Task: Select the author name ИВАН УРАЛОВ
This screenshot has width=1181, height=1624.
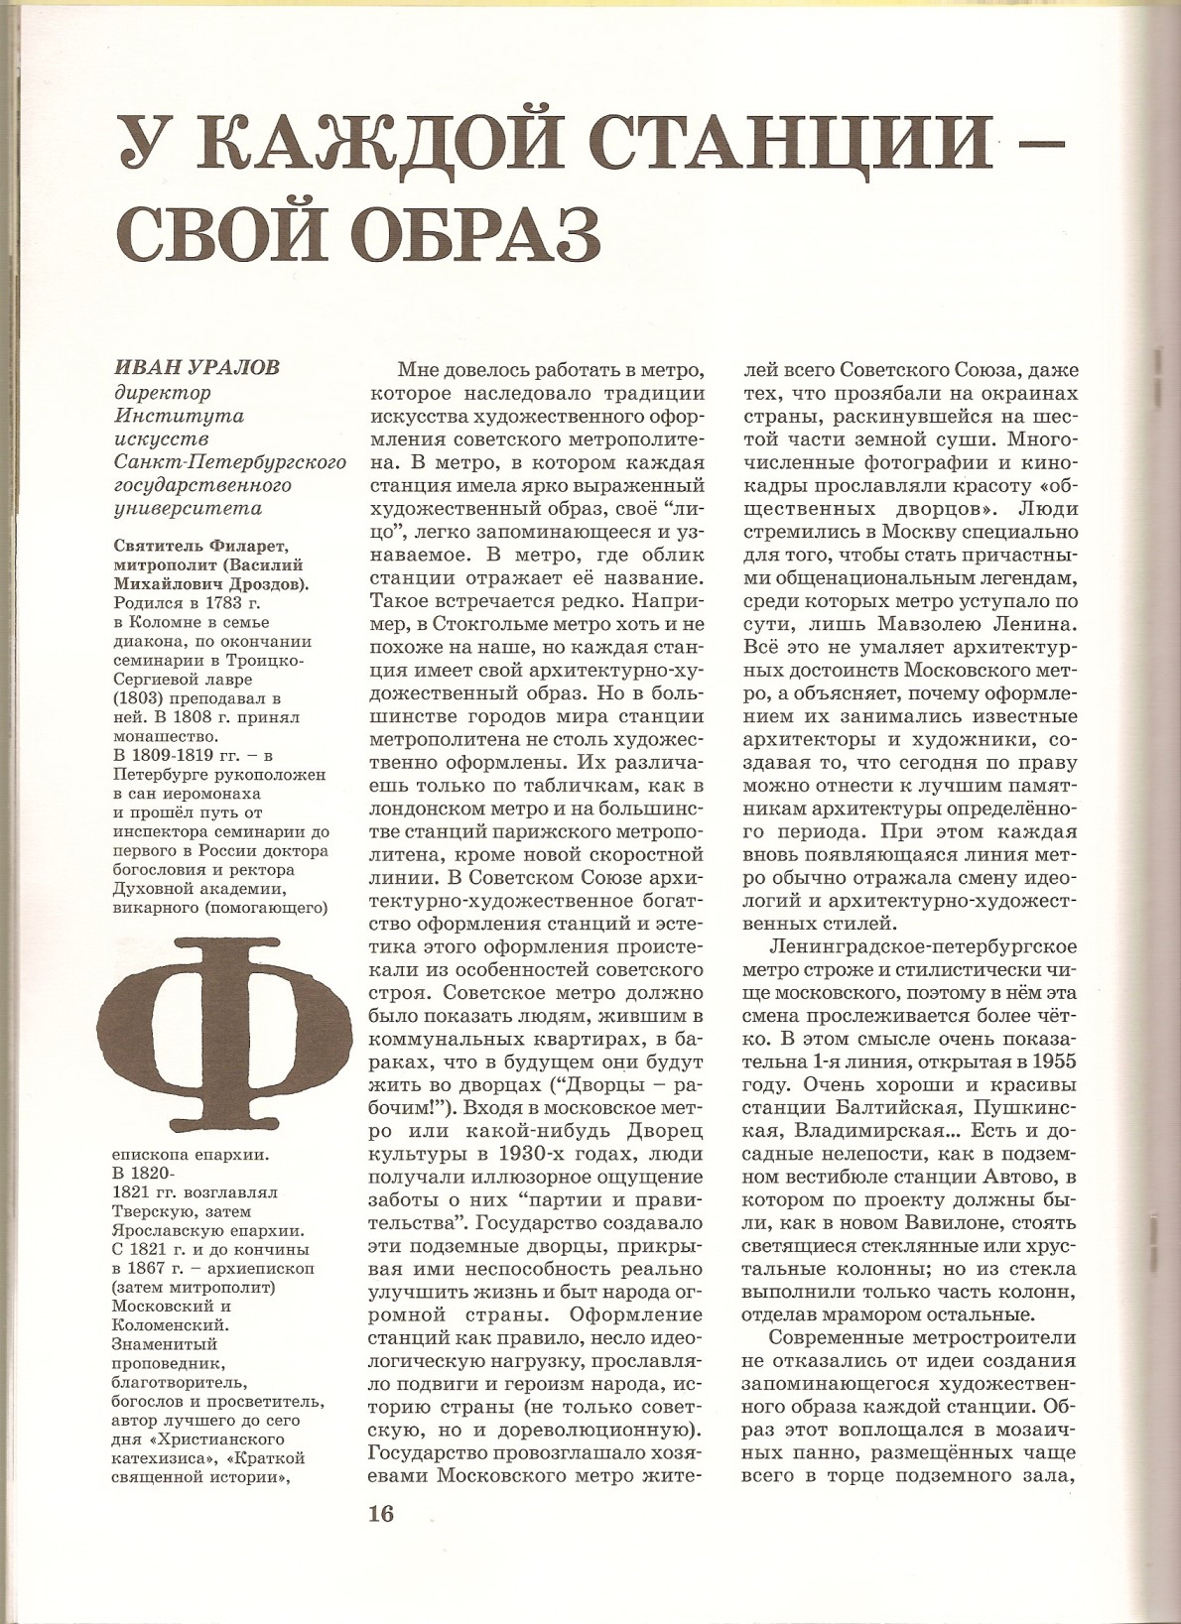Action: click(197, 368)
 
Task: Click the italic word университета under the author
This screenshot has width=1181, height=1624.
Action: click(188, 509)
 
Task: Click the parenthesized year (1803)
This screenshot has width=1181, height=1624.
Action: click(141, 697)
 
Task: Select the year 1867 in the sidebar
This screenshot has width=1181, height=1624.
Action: click(149, 1268)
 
